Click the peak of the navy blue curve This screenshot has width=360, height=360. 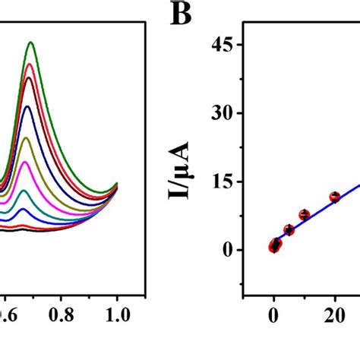(28, 106)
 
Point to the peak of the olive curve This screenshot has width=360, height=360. (27, 137)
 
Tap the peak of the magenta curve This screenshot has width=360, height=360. (25, 163)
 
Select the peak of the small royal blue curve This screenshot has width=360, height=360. (24, 209)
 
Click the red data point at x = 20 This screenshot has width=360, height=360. (334, 197)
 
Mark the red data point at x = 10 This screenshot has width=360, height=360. (305, 215)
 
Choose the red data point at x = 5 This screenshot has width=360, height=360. (289, 229)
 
